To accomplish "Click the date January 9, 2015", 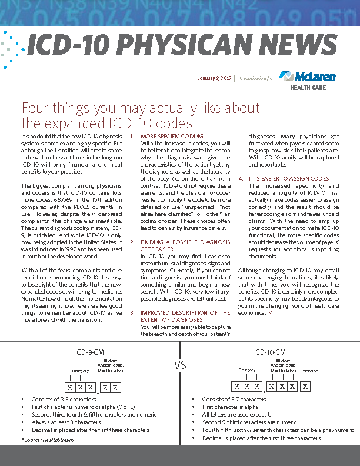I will click(214, 78).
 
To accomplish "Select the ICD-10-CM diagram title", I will click(270, 352).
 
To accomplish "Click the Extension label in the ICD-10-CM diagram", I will click(309, 371).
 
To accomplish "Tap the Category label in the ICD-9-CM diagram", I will click(81, 371).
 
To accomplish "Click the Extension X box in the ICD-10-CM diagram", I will click(306, 387).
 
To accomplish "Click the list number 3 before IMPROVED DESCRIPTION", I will click(132, 313).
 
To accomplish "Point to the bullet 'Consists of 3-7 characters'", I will click(234, 400).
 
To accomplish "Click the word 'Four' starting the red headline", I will click(35, 109).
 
